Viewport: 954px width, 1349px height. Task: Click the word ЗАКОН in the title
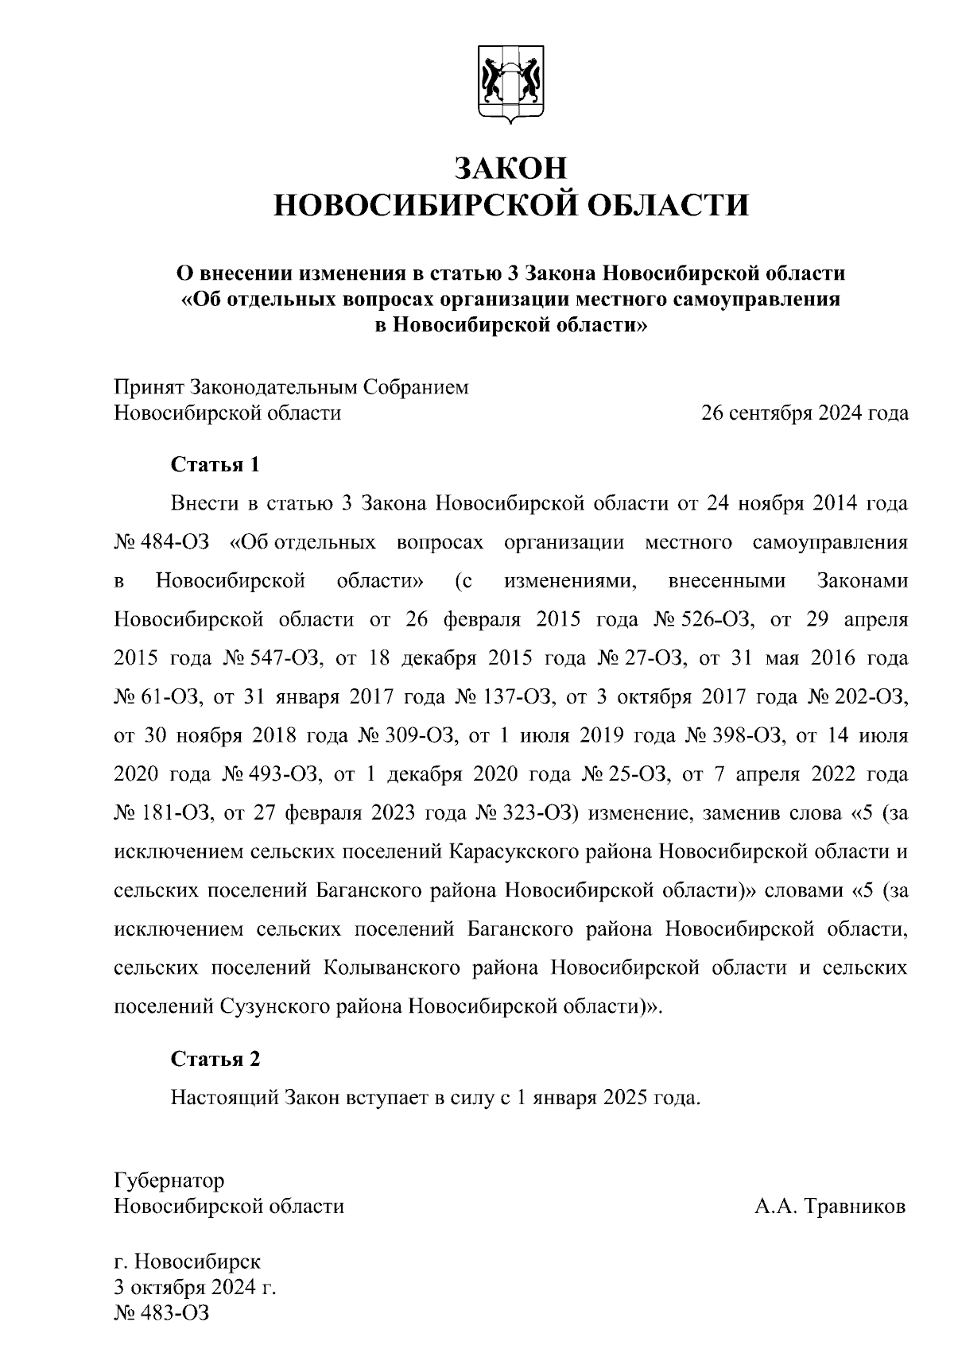pyautogui.click(x=510, y=168)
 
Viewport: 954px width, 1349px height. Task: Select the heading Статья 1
pyautogui.click(x=215, y=465)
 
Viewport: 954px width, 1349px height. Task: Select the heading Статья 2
pyautogui.click(x=215, y=1060)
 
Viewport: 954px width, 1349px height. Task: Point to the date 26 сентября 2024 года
pyautogui.click(x=804, y=413)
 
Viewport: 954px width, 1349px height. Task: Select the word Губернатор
pyautogui.click(x=169, y=1180)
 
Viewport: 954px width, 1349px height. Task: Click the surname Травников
pyautogui.click(x=855, y=1207)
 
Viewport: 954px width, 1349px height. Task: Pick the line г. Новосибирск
pyautogui.click(x=188, y=1262)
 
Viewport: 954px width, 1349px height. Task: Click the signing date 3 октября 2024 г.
pyautogui.click(x=196, y=1287)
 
